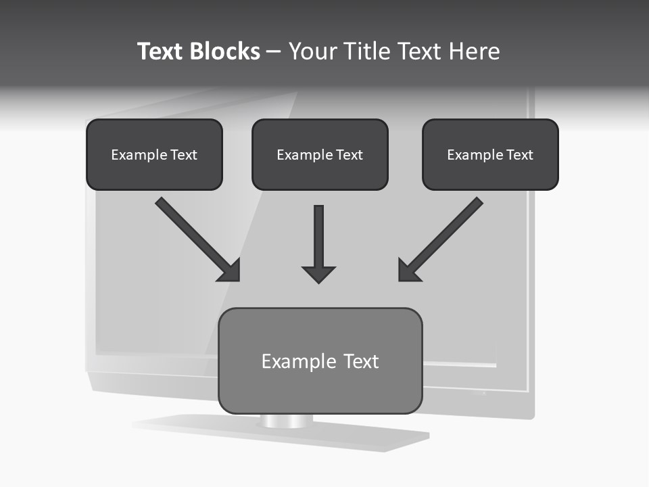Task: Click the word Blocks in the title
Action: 224,51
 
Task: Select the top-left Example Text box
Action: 154,154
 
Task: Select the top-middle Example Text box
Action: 320,154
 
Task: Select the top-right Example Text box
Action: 490,154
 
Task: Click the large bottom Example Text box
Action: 320,361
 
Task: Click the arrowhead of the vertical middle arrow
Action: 318,274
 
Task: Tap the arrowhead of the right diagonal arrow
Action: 408,271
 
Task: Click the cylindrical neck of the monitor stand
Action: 287,421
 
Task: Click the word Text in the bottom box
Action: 362,361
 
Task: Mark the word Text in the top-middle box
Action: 350,155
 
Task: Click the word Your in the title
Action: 313,51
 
